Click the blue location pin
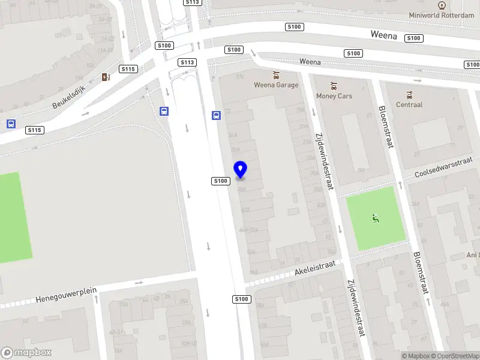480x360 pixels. click(x=241, y=169)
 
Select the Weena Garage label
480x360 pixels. click(x=276, y=85)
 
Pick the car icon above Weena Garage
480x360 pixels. click(x=276, y=75)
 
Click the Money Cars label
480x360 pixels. click(x=334, y=96)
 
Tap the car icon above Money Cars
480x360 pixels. click(x=334, y=86)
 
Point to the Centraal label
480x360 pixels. click(x=409, y=104)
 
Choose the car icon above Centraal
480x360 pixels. click(x=409, y=94)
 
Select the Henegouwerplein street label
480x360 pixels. click(x=66, y=294)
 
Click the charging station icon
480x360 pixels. click(x=106, y=77)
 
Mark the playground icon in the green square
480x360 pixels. click(x=376, y=218)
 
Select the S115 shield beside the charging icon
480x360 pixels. click(x=128, y=69)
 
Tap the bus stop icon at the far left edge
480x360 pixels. click(x=11, y=124)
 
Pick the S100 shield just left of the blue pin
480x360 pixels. click(x=220, y=181)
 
